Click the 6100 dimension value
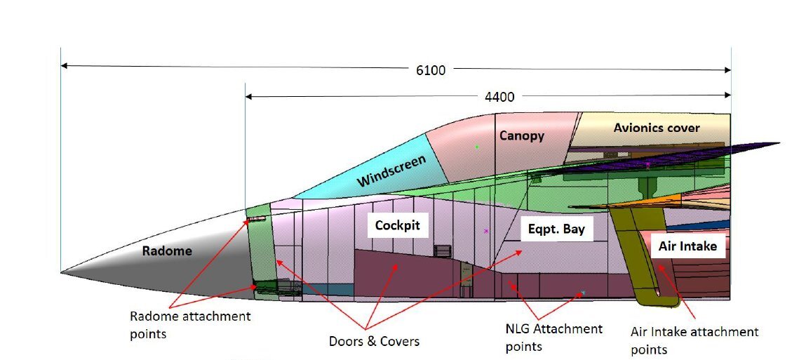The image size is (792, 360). [x=429, y=70]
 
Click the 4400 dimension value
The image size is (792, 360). [x=500, y=97]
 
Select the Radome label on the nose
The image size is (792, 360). [x=167, y=251]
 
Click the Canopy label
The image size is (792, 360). [x=522, y=135]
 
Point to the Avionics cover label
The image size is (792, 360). [x=657, y=128]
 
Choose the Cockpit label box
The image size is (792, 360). [x=397, y=226]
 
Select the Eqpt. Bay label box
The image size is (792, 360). [x=556, y=229]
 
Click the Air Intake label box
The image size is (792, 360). [x=687, y=247]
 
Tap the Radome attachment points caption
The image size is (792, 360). [x=189, y=325]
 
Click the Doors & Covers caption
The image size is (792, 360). [x=374, y=342]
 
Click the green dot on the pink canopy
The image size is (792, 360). [x=477, y=147]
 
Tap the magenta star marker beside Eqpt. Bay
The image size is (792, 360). [x=485, y=230]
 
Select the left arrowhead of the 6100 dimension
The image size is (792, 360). [x=64, y=65]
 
